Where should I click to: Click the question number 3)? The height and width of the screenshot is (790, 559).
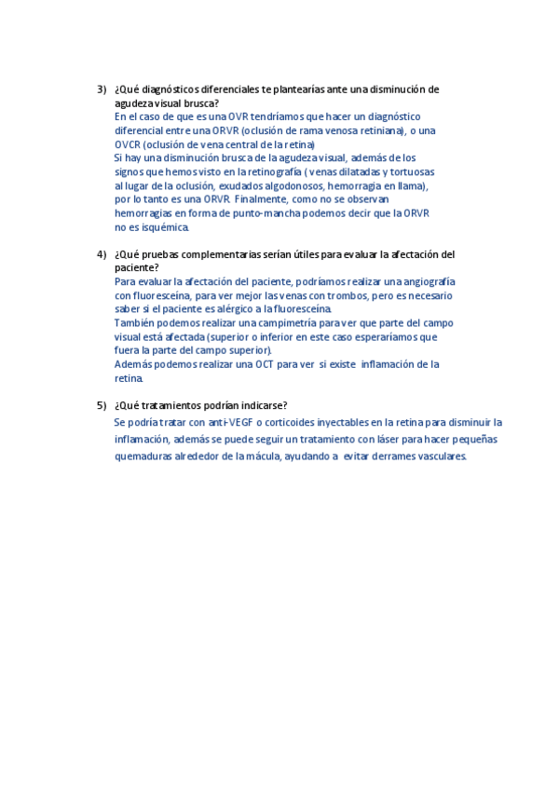(102, 89)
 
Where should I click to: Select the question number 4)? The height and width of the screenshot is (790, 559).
(102, 254)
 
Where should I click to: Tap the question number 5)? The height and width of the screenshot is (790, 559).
(102, 405)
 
